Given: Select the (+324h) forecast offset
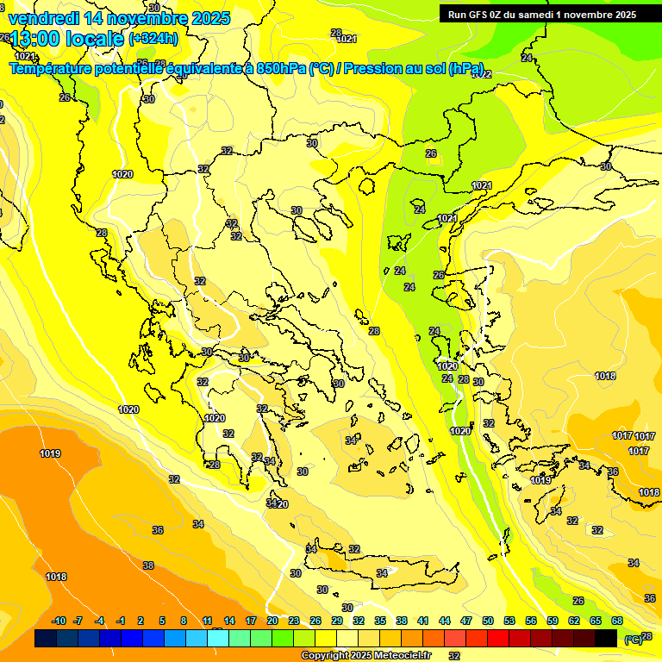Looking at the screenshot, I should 153,38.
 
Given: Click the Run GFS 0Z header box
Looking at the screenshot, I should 541,14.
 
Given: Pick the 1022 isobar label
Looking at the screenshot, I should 482,74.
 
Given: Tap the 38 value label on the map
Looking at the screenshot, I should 148,565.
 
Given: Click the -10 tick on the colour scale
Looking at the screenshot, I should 59,621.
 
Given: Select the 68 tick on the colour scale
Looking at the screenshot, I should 617,621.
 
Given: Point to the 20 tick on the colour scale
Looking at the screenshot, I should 272,621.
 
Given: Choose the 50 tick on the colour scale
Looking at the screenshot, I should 488,621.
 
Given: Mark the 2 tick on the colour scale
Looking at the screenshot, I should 142,621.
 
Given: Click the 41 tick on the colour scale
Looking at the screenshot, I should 423,621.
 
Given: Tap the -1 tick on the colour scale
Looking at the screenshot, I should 121,621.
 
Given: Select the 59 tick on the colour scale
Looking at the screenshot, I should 553,621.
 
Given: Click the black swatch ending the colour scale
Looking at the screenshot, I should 606,638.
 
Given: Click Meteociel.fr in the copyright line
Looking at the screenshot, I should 399,656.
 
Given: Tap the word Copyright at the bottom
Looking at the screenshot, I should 325,656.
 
